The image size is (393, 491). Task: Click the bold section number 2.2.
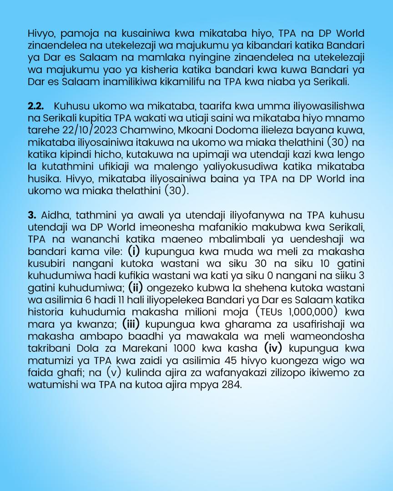(35, 106)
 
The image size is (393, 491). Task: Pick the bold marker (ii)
(135, 287)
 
